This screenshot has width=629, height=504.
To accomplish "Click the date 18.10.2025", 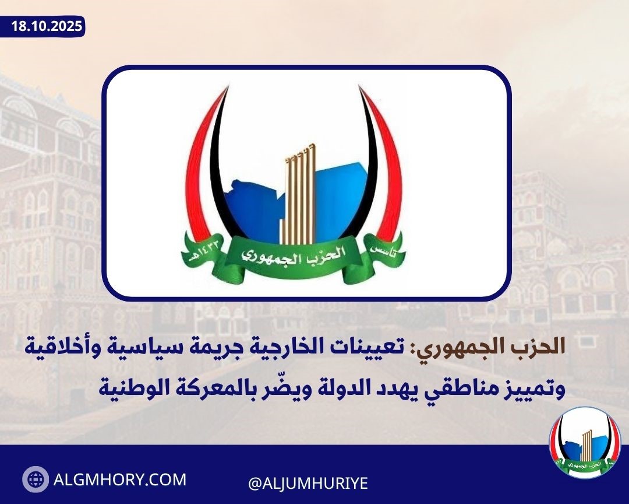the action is [x=47, y=26].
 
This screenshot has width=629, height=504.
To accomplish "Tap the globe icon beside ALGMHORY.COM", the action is [x=36, y=479].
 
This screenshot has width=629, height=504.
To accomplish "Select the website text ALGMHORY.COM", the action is [x=119, y=480].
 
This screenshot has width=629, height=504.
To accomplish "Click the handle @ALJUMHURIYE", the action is [x=308, y=482].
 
